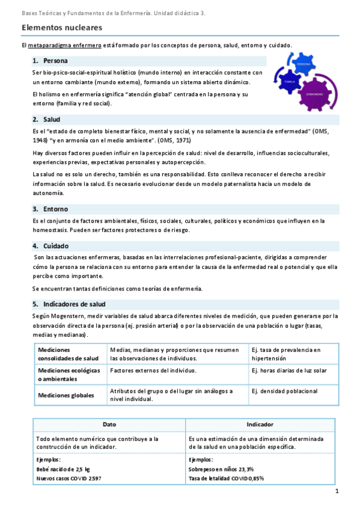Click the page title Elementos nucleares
pyautogui.click(x=62, y=28)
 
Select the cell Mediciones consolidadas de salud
pyautogui.click(x=69, y=354)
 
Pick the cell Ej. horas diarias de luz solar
pyautogui.click(x=289, y=371)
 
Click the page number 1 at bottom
pyautogui.click(x=337, y=491)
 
